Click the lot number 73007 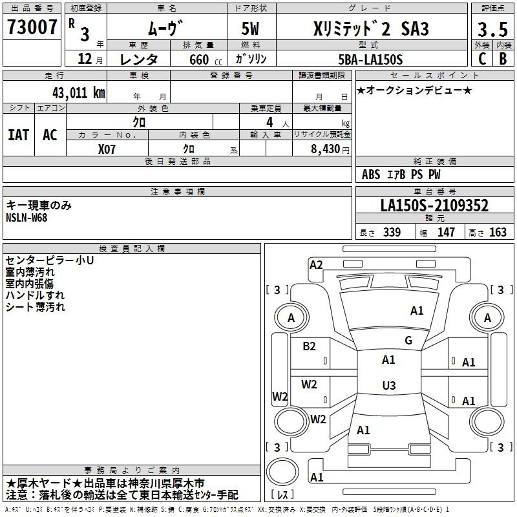32,27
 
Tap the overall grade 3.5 492,29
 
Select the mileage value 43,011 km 78,93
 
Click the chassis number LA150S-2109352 434,206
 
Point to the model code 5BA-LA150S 370,59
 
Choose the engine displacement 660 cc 206,60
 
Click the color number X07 107,149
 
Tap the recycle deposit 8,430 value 326,149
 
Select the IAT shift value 19,135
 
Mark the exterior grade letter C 481,59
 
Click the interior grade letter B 503,59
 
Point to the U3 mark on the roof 389,385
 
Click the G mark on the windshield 408,341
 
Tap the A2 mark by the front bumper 316,265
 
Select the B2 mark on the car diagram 309,346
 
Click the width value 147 446,232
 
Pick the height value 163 498,232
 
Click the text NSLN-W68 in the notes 26,218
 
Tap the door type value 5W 250,28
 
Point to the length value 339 392,232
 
